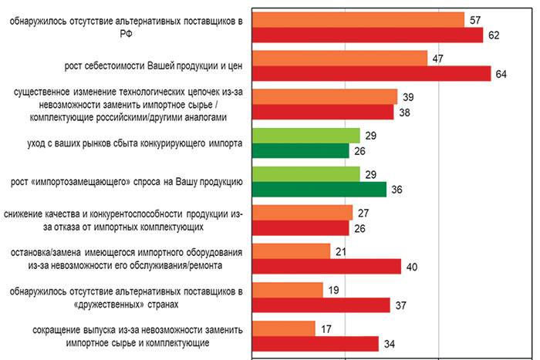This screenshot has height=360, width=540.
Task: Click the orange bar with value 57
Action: [359, 20]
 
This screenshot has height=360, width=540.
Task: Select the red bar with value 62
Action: [368, 35]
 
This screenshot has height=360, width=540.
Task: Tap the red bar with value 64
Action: [372, 74]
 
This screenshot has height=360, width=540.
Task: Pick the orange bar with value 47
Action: [340, 59]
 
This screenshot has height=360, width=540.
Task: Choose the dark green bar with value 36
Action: [319, 190]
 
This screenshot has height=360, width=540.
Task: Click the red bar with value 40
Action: [327, 267]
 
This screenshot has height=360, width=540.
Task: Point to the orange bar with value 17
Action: [284, 328]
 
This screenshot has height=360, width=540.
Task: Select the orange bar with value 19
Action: [288, 290]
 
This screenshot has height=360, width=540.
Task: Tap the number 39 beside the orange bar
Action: [408, 97]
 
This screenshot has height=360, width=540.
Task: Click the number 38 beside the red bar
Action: [404, 113]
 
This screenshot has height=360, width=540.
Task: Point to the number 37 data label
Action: [400, 305]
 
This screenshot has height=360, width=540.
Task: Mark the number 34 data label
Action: [389, 344]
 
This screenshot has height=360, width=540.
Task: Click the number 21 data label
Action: [341, 251]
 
